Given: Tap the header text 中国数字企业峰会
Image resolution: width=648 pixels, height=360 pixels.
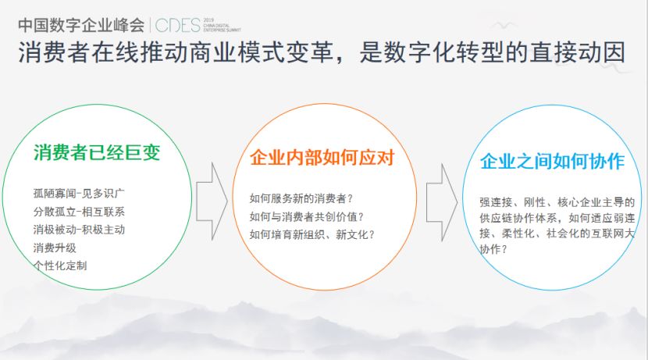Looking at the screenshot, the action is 81,25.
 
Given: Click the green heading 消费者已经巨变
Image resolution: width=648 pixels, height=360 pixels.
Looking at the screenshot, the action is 97,152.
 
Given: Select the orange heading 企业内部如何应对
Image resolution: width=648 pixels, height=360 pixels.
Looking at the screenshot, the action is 322,158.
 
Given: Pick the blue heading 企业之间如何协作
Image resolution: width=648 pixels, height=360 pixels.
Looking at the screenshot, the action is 552,161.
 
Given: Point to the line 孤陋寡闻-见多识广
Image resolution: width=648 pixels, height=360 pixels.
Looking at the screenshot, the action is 79,194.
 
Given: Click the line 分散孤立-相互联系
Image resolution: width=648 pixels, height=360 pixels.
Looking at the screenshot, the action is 79,212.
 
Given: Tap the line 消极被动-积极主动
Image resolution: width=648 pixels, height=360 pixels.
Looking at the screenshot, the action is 79,230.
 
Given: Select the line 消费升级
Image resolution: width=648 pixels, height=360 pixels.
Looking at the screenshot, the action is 55,248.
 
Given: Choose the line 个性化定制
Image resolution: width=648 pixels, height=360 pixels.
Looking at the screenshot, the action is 60,266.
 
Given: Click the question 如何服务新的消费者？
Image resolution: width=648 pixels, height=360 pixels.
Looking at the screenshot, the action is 301,198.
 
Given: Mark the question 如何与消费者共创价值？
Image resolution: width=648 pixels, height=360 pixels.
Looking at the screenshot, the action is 307,216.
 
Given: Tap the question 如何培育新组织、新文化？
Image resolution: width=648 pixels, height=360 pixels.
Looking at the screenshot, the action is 312,234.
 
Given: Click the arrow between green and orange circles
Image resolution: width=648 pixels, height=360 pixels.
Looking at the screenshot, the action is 212,201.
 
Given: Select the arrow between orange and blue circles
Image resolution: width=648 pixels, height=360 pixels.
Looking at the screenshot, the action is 442,202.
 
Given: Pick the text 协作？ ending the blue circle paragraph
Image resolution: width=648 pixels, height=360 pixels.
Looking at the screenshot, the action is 493,249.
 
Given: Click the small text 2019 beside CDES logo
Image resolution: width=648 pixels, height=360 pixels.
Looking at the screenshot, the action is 208,20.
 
